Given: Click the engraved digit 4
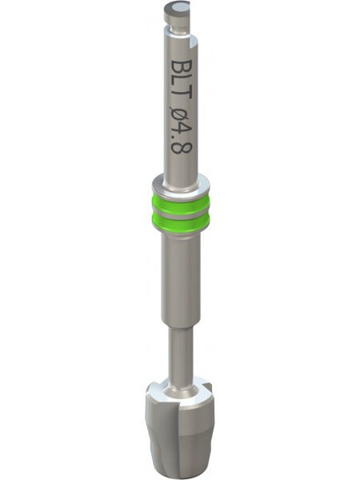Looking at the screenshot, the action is pyautogui.click(x=181, y=130).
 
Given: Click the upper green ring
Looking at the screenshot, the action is pyautogui.click(x=181, y=203).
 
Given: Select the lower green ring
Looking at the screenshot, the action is pyautogui.click(x=181, y=223).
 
